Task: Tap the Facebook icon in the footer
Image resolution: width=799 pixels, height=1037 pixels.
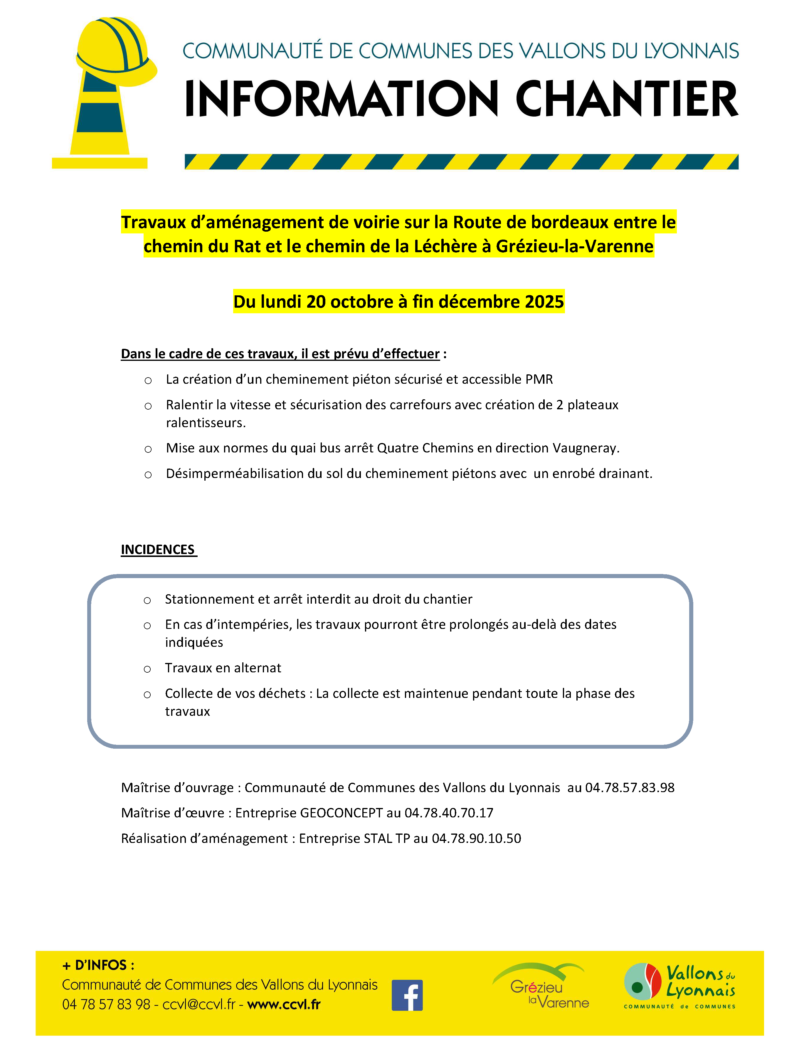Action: [407, 995]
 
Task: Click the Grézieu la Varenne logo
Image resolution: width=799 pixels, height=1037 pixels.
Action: [541, 986]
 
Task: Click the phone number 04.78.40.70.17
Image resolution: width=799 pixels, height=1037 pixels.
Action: [449, 813]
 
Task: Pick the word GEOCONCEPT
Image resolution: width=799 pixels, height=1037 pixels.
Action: [341, 813]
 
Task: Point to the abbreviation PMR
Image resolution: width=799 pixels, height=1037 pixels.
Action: [539, 379]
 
